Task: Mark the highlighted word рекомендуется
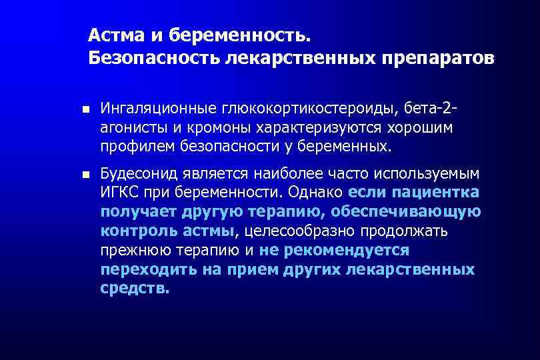pyautogui.click(x=347, y=250)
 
